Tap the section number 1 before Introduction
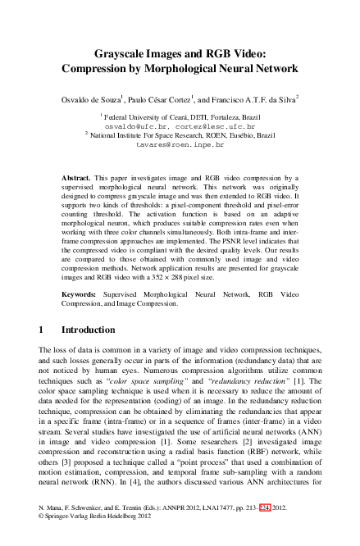click(x=42, y=329)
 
